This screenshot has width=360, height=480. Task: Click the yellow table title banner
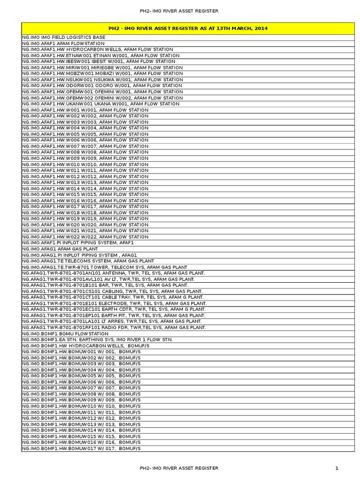[x=187, y=28]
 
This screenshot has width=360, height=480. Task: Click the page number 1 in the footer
[x=337, y=468]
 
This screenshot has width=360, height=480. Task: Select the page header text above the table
[x=179, y=10]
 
